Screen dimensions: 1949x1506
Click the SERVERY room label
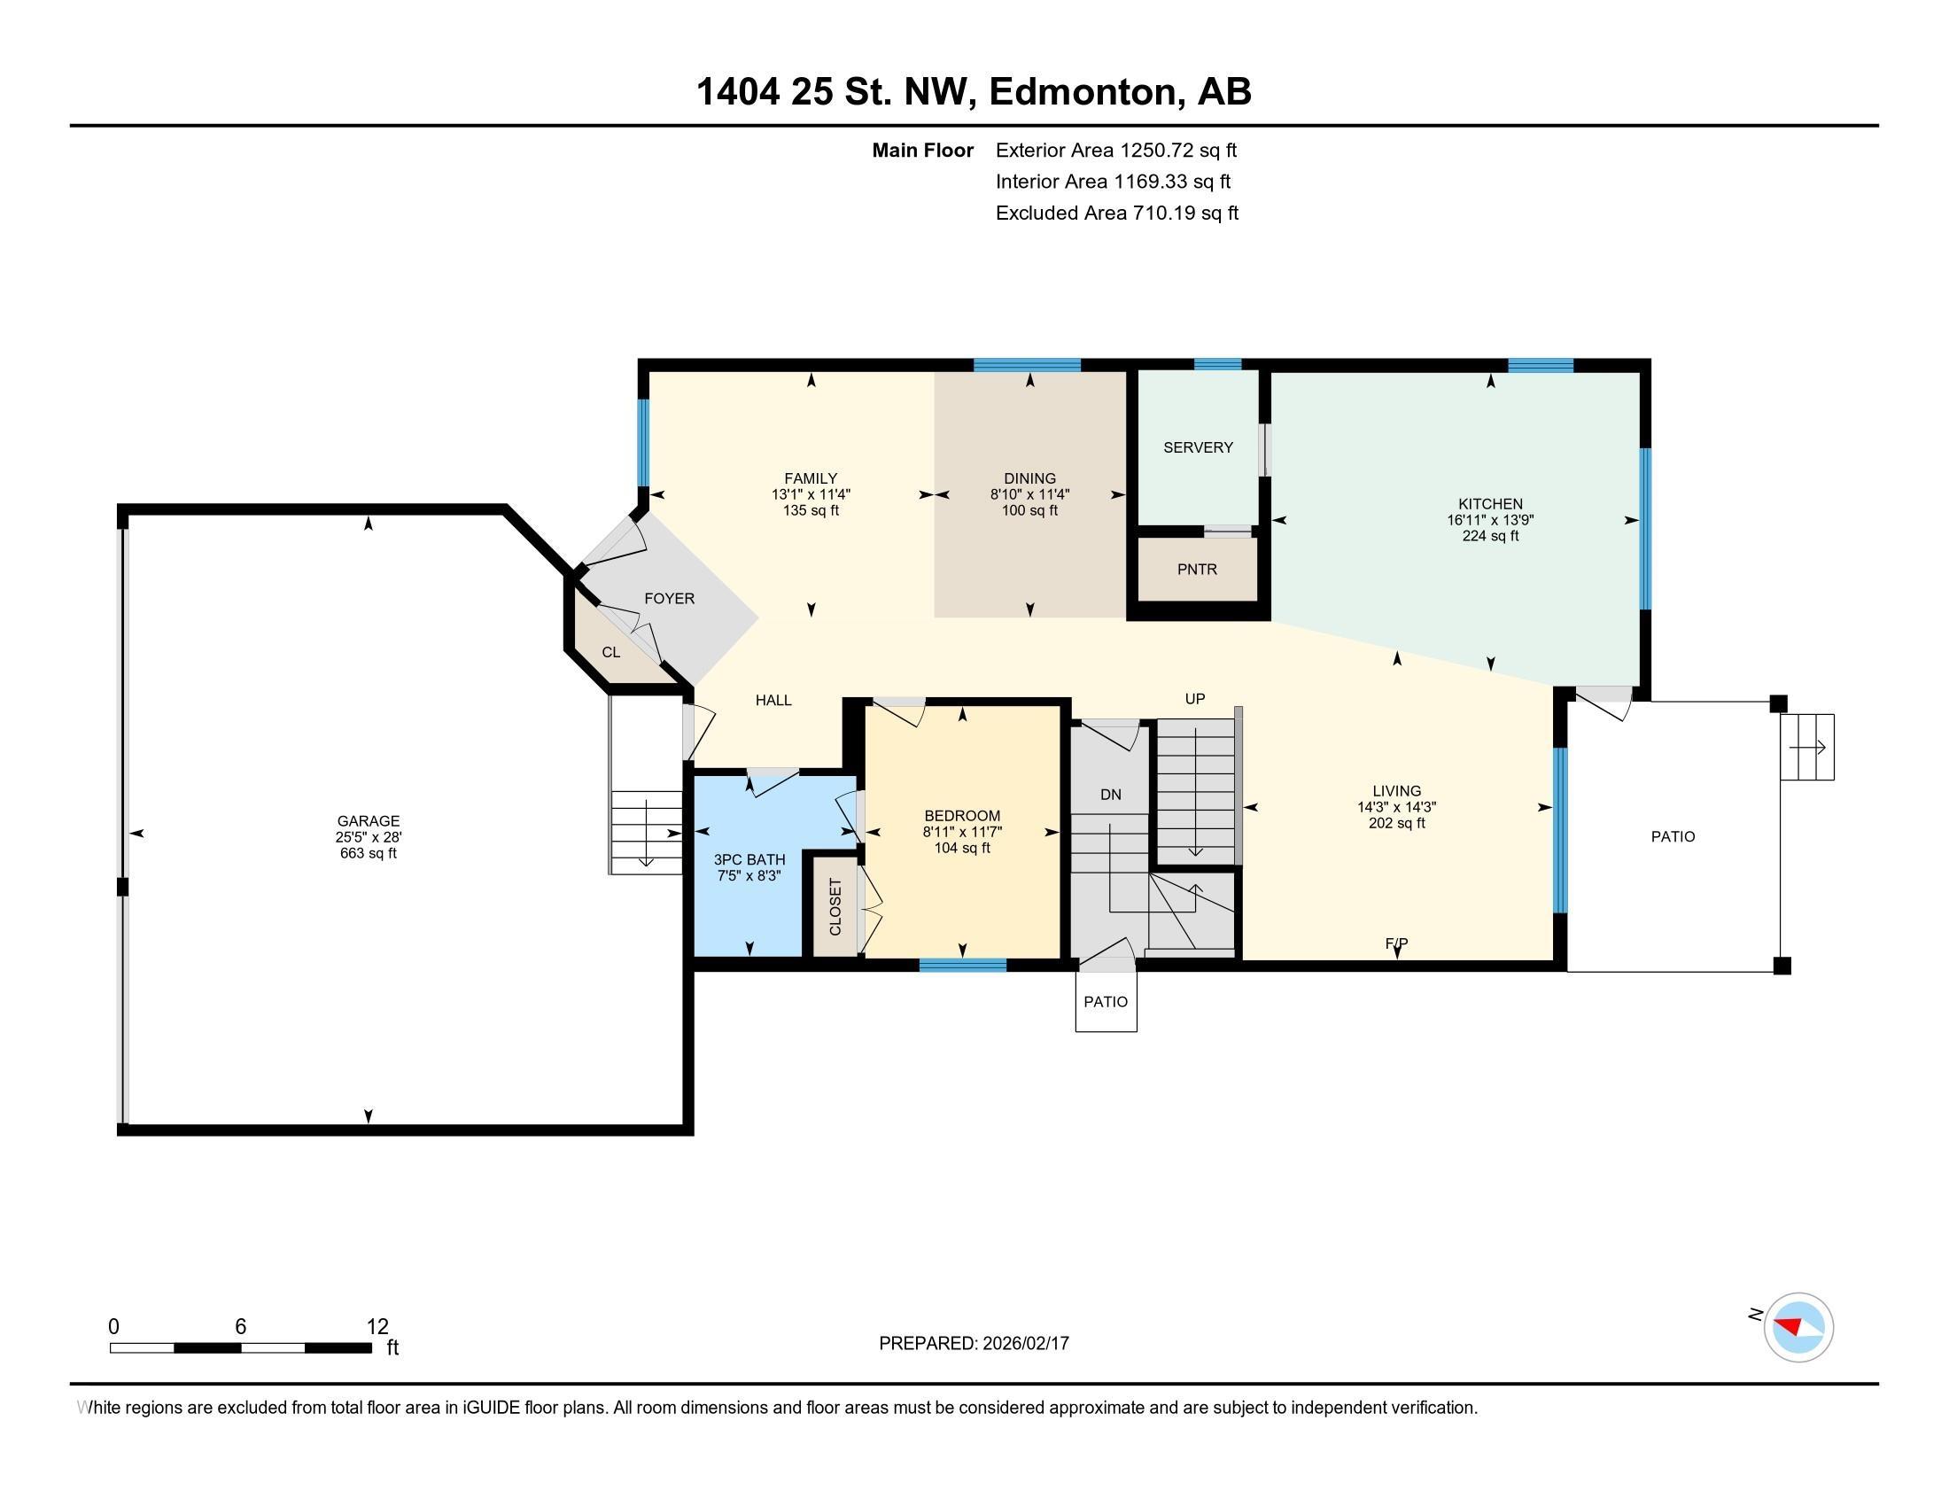pos(1198,447)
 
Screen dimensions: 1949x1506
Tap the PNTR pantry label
pos(1197,570)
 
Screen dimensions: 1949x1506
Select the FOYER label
pos(669,599)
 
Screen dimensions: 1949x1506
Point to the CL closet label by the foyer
pos(610,652)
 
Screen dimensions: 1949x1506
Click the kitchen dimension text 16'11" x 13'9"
pos(1490,520)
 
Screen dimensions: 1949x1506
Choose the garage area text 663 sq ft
pos(369,853)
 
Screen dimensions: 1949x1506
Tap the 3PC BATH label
pos(749,859)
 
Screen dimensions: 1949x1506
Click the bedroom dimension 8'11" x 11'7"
pos(962,832)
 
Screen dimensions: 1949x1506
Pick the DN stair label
pos(1110,794)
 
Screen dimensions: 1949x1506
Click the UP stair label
pos(1195,699)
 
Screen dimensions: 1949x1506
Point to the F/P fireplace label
pos(1396,943)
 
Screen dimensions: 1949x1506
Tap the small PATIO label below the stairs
pos(1106,1002)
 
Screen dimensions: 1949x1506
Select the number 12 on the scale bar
pos(377,1326)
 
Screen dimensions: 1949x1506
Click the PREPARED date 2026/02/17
pos(1024,1343)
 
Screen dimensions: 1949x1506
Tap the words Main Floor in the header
pos(923,150)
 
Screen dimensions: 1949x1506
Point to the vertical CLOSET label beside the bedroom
pos(835,907)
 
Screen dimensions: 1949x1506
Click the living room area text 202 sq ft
pos(1396,823)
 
